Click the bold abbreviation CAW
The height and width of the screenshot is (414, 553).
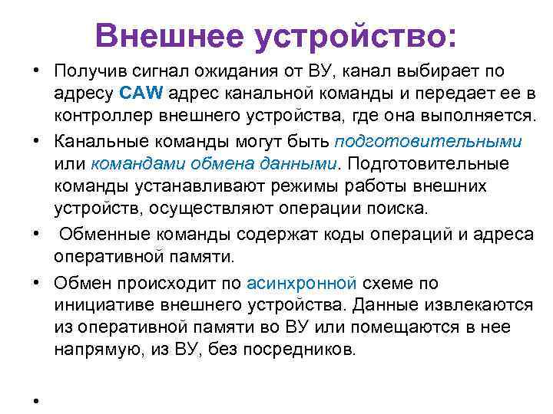[140, 94]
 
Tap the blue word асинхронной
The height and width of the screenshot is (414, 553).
[302, 284]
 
